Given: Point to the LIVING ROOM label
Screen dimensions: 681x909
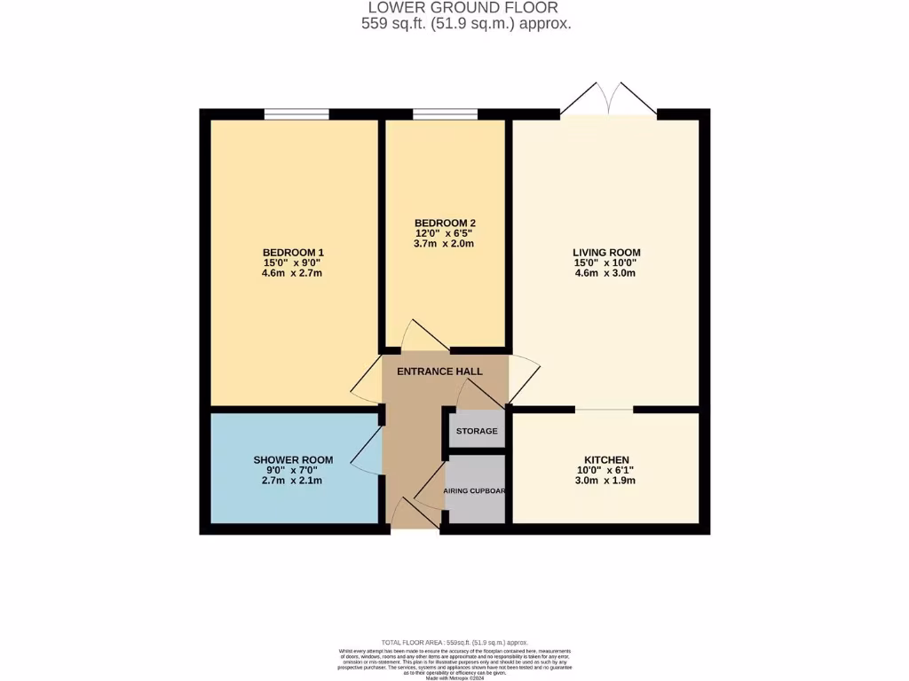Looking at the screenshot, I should [x=606, y=253].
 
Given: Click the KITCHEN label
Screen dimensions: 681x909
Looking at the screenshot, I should [x=606, y=459].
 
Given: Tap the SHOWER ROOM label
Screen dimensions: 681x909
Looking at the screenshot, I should [x=293, y=459].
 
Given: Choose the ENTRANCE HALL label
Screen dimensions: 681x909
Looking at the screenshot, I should [x=439, y=372].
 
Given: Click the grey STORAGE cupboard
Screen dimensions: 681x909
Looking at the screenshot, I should [x=477, y=431].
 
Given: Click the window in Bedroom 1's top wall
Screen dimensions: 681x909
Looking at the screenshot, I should [x=296, y=113].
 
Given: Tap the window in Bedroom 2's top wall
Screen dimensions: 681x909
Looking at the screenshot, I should [x=445, y=113].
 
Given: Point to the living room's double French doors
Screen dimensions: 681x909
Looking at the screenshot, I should [x=609, y=99].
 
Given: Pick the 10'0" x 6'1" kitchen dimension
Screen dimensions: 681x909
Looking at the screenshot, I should [x=606, y=470].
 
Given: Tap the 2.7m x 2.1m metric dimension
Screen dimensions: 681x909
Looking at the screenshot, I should [x=293, y=481].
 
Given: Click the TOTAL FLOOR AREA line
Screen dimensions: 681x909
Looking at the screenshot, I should [x=454, y=642].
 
